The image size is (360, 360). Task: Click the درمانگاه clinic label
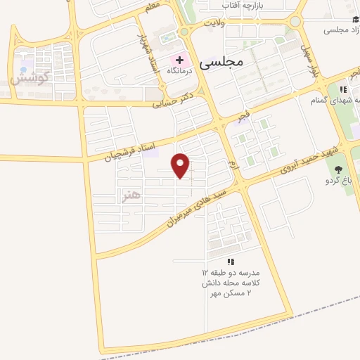180,72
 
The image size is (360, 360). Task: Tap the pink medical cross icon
179,60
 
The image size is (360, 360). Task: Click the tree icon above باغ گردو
339,169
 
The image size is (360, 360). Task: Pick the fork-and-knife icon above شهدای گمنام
343,89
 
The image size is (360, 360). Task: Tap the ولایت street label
213,24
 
